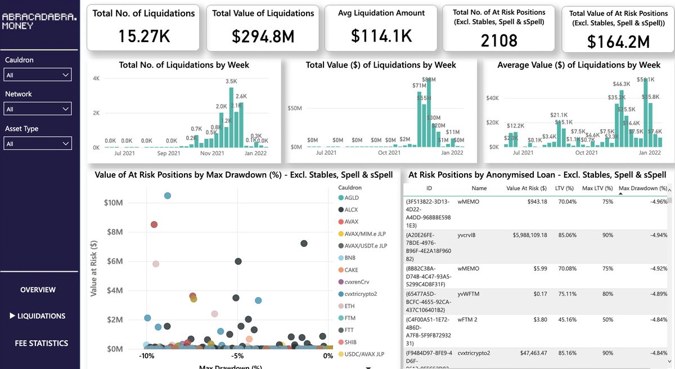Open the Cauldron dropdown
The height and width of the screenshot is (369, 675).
38,75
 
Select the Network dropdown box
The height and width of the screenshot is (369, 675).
38,109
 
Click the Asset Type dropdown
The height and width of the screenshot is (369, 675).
38,144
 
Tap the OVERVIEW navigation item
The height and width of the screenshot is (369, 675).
38,290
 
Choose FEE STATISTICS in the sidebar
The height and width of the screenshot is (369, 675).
41,343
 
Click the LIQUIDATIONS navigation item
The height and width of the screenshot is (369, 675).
41,316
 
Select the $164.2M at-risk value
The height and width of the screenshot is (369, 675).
618,42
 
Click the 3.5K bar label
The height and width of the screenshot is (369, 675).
231,82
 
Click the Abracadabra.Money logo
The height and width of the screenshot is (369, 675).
39,22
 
